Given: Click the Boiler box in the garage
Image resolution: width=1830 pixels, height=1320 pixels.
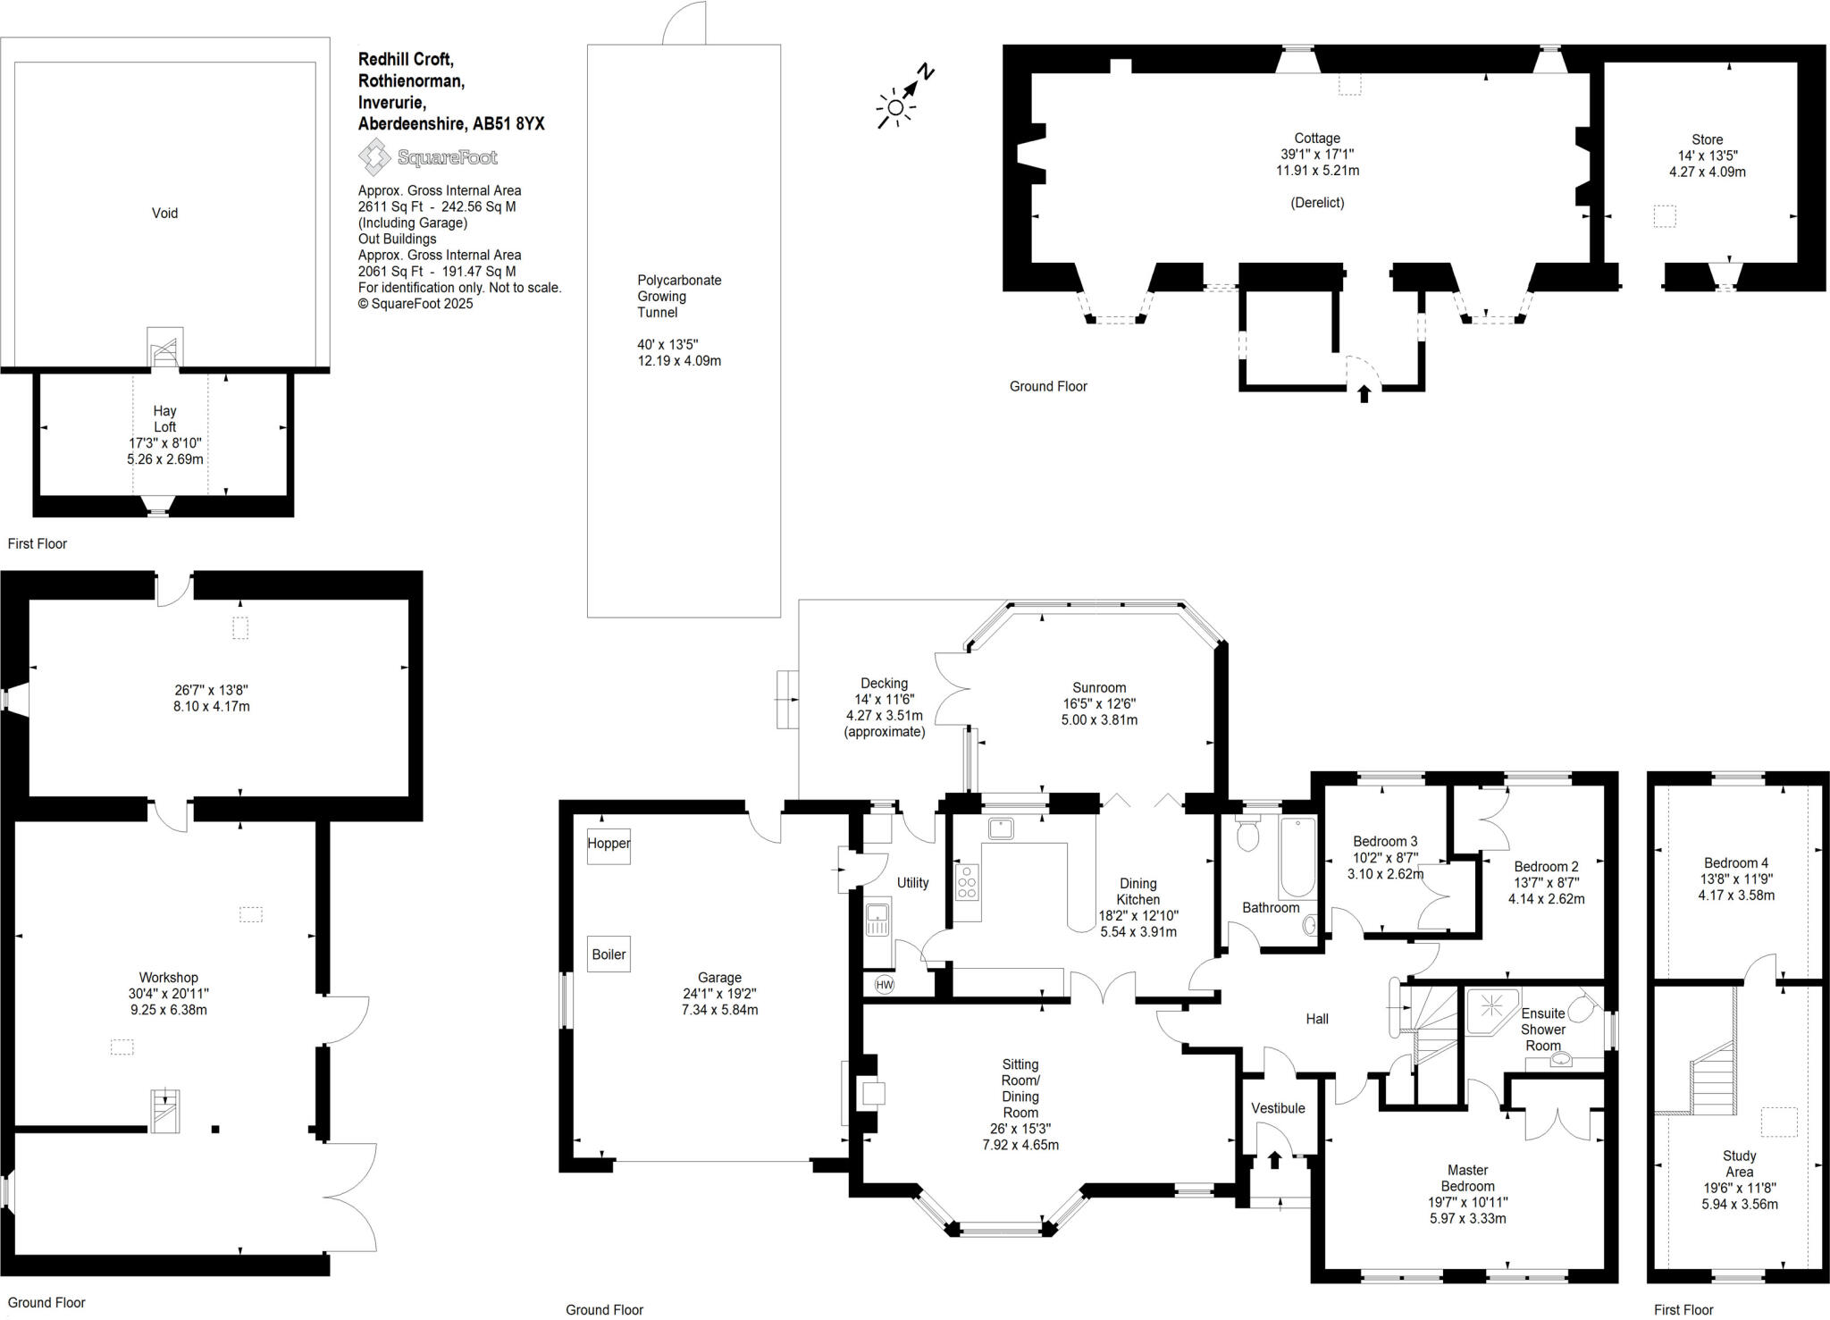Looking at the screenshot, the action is pyautogui.click(x=609, y=954).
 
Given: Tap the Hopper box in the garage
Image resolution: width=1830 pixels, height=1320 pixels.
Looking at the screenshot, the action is pyautogui.click(x=609, y=844).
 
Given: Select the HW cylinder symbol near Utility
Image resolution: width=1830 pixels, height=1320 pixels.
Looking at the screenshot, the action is pyautogui.click(x=884, y=985).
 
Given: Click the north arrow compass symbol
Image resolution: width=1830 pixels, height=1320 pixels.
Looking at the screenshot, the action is pyautogui.click(x=903, y=97).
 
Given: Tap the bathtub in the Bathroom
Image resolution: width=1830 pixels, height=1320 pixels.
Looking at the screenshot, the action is pyautogui.click(x=1297, y=858).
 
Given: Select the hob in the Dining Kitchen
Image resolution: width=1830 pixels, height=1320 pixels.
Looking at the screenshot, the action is pyautogui.click(x=967, y=881).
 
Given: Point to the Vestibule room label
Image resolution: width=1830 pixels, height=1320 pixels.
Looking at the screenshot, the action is pyautogui.click(x=1278, y=1108).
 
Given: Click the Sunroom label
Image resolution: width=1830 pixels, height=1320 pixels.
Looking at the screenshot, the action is pyautogui.click(x=1099, y=687).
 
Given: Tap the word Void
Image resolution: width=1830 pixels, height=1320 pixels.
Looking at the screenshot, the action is pyautogui.click(x=164, y=213).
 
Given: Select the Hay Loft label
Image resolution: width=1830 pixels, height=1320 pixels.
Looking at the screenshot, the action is pyautogui.click(x=164, y=419).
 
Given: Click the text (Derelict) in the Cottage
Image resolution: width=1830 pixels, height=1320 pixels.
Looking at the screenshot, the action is pyautogui.click(x=1317, y=203).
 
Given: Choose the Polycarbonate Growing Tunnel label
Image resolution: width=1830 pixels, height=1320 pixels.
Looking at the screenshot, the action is pyautogui.click(x=679, y=296).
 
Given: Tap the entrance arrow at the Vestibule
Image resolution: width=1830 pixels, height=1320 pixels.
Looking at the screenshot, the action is pyautogui.click(x=1274, y=1159).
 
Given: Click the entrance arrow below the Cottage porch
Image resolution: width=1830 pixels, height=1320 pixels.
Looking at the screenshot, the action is pyautogui.click(x=1364, y=393).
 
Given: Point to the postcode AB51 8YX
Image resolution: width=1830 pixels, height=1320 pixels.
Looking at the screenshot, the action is pyautogui.click(x=508, y=124).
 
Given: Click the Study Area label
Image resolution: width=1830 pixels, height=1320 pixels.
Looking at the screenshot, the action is pyautogui.click(x=1739, y=1164).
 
